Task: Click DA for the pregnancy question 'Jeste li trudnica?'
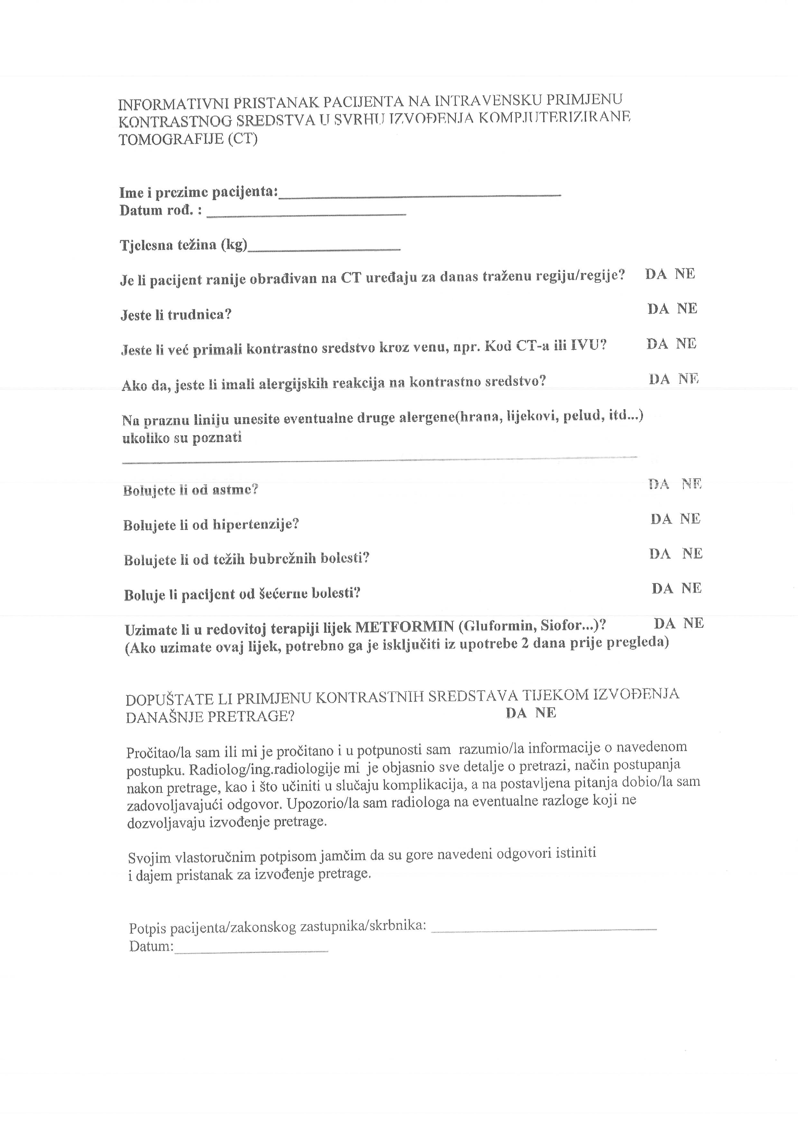click(658, 309)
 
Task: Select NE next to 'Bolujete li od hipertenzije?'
click(690, 519)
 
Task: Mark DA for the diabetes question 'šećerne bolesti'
click(662, 589)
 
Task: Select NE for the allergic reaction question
click(688, 379)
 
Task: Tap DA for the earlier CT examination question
click(656, 274)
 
